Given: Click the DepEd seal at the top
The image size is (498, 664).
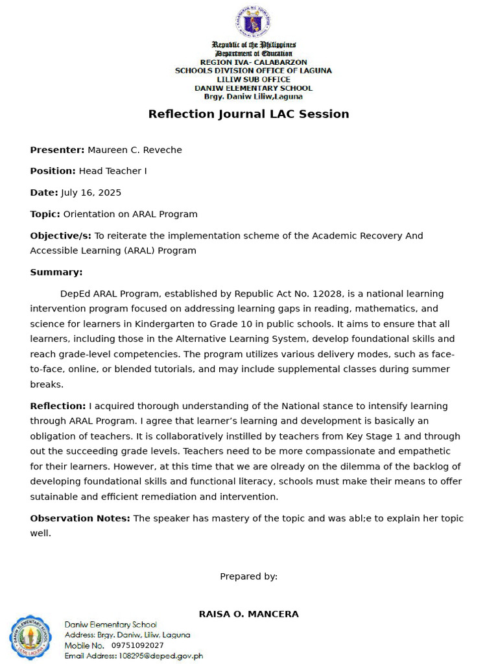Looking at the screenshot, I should pyautogui.click(x=254, y=21).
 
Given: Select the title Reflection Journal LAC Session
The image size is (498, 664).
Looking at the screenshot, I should pyautogui.click(x=248, y=114).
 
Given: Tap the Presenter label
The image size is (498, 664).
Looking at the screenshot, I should pyautogui.click(x=57, y=150).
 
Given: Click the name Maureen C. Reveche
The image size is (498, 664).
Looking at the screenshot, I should pyautogui.click(x=135, y=150).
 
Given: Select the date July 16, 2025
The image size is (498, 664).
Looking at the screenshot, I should pyautogui.click(x=91, y=193).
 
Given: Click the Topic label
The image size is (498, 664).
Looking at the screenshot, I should pyautogui.click(x=45, y=214).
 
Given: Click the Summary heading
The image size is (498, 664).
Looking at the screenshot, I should pyautogui.click(x=56, y=272).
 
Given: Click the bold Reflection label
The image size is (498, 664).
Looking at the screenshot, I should pyautogui.click(x=58, y=406).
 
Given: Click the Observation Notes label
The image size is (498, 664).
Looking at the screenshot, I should pyautogui.click(x=80, y=518).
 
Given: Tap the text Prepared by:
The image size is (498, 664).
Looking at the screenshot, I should pyautogui.click(x=248, y=576).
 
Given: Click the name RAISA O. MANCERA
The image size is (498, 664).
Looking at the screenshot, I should pyautogui.click(x=248, y=614).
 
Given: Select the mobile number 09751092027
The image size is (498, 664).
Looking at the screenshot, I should pyautogui.click(x=137, y=645).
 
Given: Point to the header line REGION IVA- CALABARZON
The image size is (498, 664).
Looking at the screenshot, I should pyautogui.click(x=254, y=62).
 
